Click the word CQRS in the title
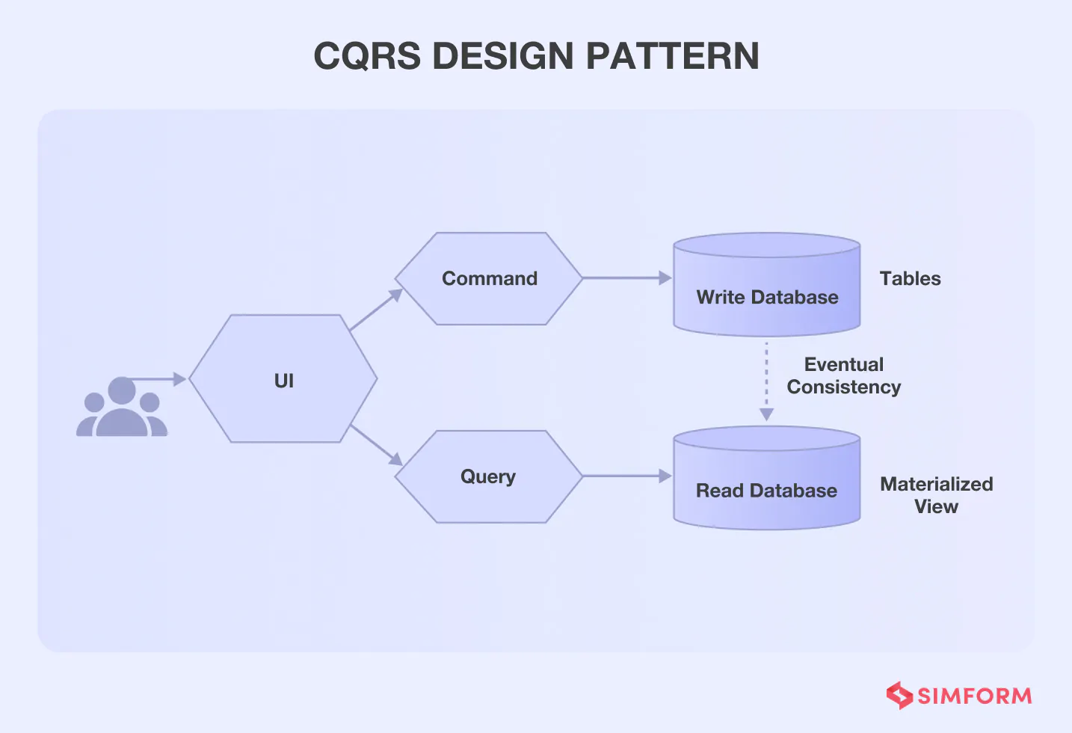[367, 56]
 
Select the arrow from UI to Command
[376, 310]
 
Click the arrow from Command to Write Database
[626, 278]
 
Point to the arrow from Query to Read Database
[626, 476]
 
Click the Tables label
[910, 278]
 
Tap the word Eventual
[844, 364]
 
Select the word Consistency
[844, 387]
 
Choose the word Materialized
[936, 484]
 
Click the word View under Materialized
[936, 506]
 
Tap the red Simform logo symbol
[899, 696]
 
